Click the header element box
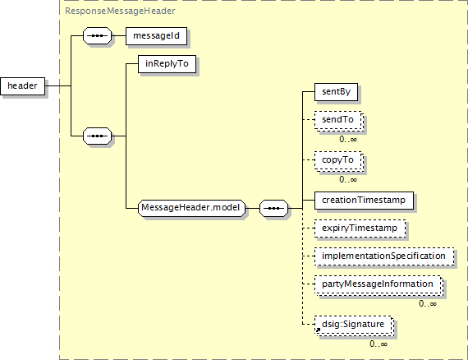[23, 86]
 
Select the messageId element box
[156, 36]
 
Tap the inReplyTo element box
[167, 64]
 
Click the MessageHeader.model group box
[191, 208]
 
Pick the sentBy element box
[336, 92]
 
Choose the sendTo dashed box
[339, 121]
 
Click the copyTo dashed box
[339, 161]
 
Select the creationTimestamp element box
[364, 201]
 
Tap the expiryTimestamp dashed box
[360, 228]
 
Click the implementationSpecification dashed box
[384, 256]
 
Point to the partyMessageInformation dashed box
[379, 285]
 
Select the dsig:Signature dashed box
[354, 325]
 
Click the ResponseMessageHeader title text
[120, 11]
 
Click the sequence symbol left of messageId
[98, 36]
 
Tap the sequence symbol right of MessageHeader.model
[273, 208]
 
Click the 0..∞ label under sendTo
[348, 140]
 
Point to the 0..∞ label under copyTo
[348, 180]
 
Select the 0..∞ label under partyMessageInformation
[428, 304]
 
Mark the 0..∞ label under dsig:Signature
[379, 344]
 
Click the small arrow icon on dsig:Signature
[318, 330]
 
